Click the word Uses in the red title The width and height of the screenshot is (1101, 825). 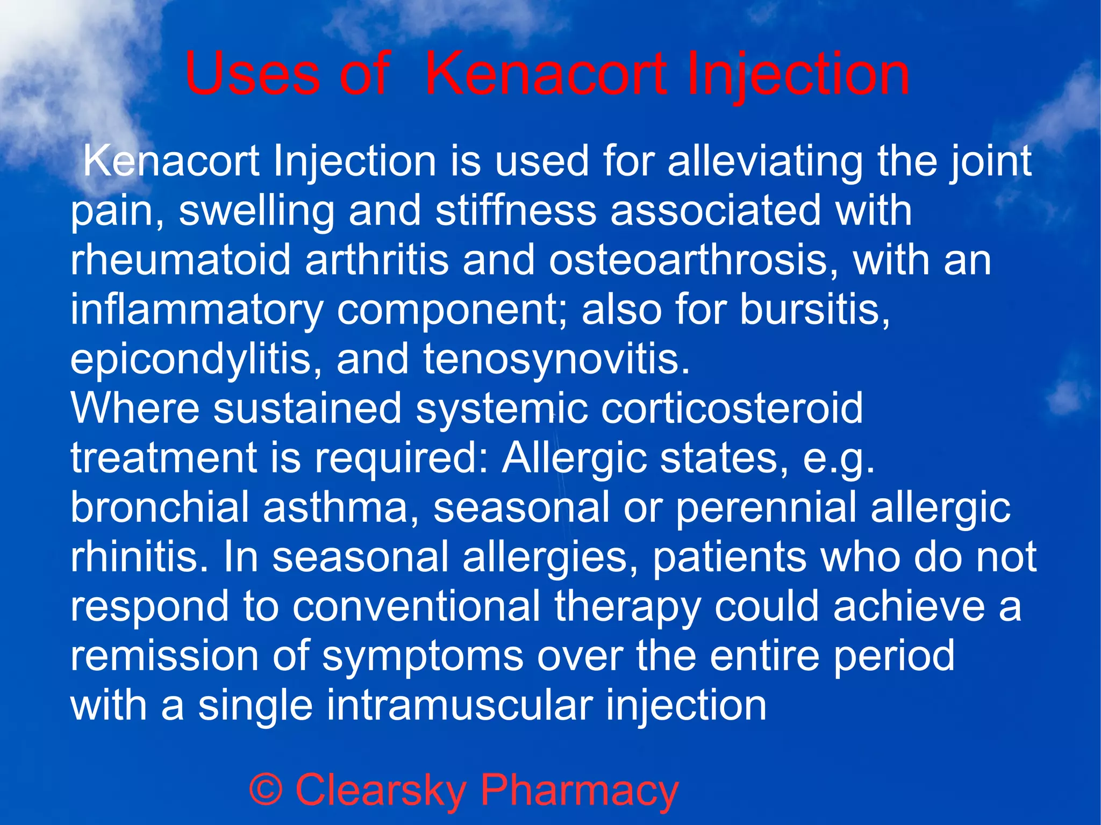click(x=252, y=74)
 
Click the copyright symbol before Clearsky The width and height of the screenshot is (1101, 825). click(x=266, y=790)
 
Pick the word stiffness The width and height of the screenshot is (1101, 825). click(x=516, y=210)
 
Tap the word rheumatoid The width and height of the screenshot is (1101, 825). click(x=181, y=260)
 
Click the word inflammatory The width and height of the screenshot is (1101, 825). click(x=197, y=310)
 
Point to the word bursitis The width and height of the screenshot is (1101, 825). click(x=814, y=310)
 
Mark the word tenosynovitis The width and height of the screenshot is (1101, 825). click(x=556, y=360)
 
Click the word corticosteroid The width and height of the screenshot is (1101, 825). click(x=732, y=408)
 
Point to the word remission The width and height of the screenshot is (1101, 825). click(x=164, y=656)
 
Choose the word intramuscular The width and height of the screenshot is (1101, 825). click(x=460, y=705)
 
